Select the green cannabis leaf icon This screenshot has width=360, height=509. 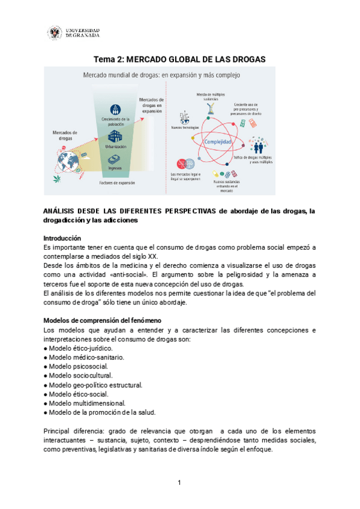click(x=56, y=178)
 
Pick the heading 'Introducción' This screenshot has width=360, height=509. click(x=66, y=238)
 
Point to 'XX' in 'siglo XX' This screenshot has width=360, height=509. click(x=152, y=256)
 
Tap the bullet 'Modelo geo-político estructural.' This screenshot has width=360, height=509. click(x=95, y=385)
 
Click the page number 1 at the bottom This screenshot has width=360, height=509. click(x=179, y=483)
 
